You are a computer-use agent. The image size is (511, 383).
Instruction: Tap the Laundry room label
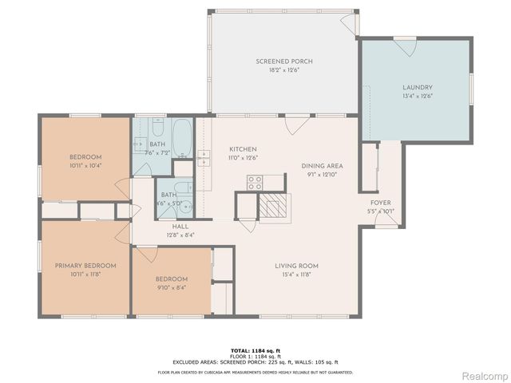coord(417,88)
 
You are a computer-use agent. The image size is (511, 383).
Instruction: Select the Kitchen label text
coord(242,150)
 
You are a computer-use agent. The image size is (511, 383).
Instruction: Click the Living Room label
coord(296,266)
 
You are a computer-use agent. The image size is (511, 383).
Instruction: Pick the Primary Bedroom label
coord(85,266)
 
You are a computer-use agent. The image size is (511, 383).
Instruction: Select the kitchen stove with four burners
coord(255,183)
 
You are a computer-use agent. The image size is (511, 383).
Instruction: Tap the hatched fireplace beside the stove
coord(270,206)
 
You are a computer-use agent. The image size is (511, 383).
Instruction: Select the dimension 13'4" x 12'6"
coord(417,96)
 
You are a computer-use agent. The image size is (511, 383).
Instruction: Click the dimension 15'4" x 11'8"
coord(296,274)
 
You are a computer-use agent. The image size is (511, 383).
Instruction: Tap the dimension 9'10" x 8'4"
coord(171,288)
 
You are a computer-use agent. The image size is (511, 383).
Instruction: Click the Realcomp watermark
coord(485,375)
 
